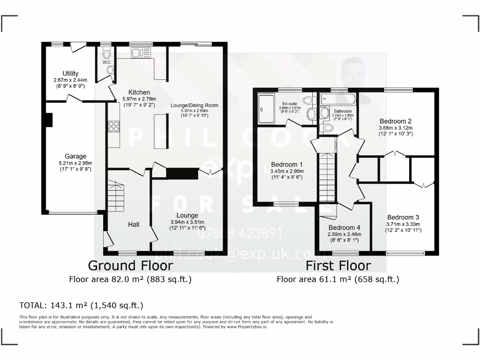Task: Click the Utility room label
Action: click(70, 74)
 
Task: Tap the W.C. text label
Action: click(105, 61)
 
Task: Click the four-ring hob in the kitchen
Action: click(113, 126)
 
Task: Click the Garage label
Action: click(75, 156)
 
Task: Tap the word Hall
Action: click(134, 225)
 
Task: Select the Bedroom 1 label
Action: click(287, 165)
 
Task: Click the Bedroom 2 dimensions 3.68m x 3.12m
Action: click(396, 127)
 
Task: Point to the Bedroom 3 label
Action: click(403, 217)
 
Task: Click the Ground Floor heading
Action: click(130, 265)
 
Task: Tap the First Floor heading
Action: click(338, 266)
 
